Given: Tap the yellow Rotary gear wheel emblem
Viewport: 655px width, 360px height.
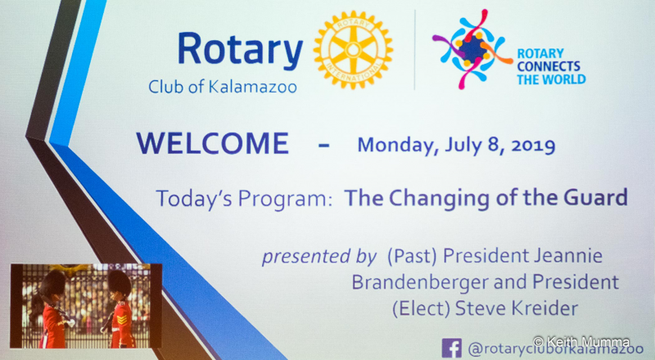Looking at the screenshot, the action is pyautogui.click(x=354, y=50).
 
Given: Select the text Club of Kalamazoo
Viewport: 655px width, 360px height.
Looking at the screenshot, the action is pyautogui.click(x=223, y=87).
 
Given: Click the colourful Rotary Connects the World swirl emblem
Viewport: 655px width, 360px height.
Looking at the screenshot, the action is pyautogui.click(x=472, y=49).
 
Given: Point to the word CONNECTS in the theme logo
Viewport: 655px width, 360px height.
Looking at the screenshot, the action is pyautogui.click(x=549, y=66).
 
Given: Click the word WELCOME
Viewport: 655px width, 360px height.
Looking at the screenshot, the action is pyautogui.click(x=213, y=143).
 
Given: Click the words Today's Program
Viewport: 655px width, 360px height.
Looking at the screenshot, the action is pyautogui.click(x=243, y=198).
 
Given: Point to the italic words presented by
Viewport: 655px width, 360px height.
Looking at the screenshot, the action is pyautogui.click(x=319, y=256).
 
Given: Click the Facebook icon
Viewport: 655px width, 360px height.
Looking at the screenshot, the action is pyautogui.click(x=452, y=348).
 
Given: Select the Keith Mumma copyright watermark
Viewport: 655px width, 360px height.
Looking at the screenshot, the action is pyautogui.click(x=581, y=341).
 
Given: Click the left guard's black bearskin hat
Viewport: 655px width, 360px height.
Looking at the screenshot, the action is pyautogui.click(x=52, y=284).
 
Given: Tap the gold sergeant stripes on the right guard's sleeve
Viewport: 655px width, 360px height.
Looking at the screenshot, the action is pyautogui.click(x=122, y=319).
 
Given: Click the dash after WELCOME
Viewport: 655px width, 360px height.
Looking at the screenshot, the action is pyautogui.click(x=323, y=146).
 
